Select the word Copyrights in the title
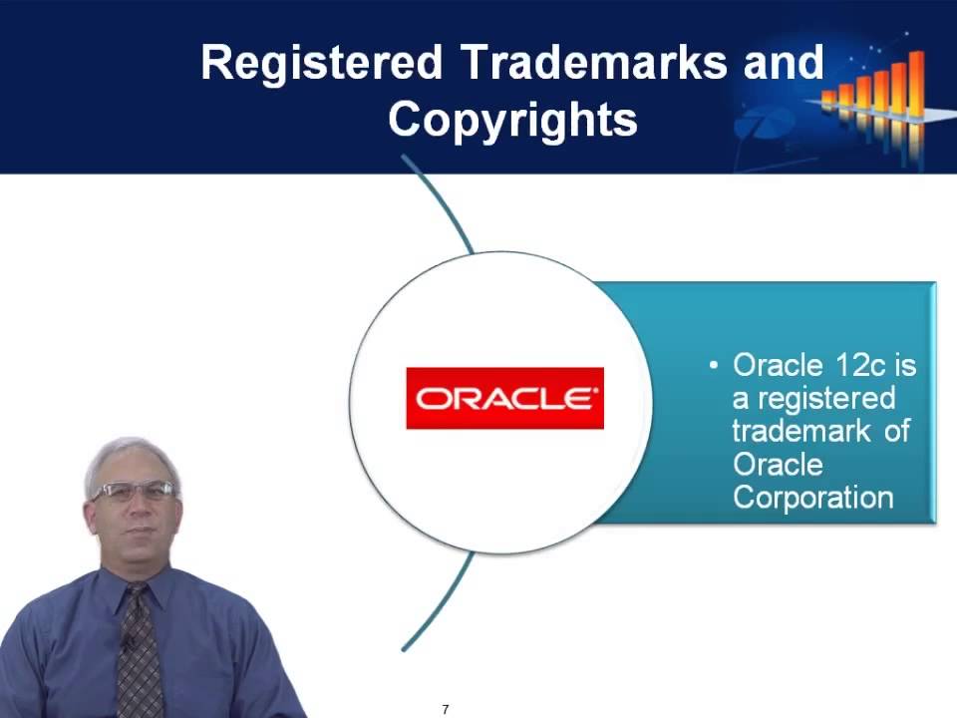[x=512, y=120]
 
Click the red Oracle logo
[x=504, y=398]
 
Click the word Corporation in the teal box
[x=812, y=498]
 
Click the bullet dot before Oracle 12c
[x=714, y=366]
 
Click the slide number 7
[x=446, y=709]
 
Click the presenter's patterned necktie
[x=140, y=653]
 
